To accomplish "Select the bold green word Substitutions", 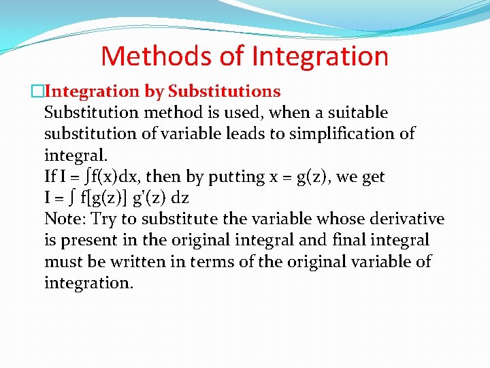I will point(224,91).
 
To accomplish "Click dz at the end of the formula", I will point(180,198).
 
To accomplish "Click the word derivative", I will point(407,219).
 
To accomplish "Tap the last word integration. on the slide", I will point(88,283).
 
